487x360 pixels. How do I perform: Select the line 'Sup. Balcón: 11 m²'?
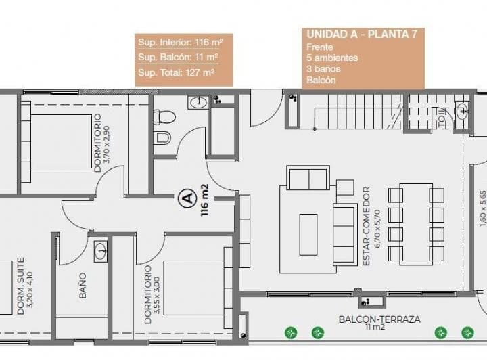177,57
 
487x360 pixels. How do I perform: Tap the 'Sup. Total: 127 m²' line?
176,72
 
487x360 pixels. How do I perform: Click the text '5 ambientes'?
332,58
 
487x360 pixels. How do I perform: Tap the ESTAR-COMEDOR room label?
371,225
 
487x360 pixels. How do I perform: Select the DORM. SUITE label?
25,286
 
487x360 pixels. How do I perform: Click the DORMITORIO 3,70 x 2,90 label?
101,143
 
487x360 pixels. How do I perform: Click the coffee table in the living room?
308,234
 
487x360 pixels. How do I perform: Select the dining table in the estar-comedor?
416,223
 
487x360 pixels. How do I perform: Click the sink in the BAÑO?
101,250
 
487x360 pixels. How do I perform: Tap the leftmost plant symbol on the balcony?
291,332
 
